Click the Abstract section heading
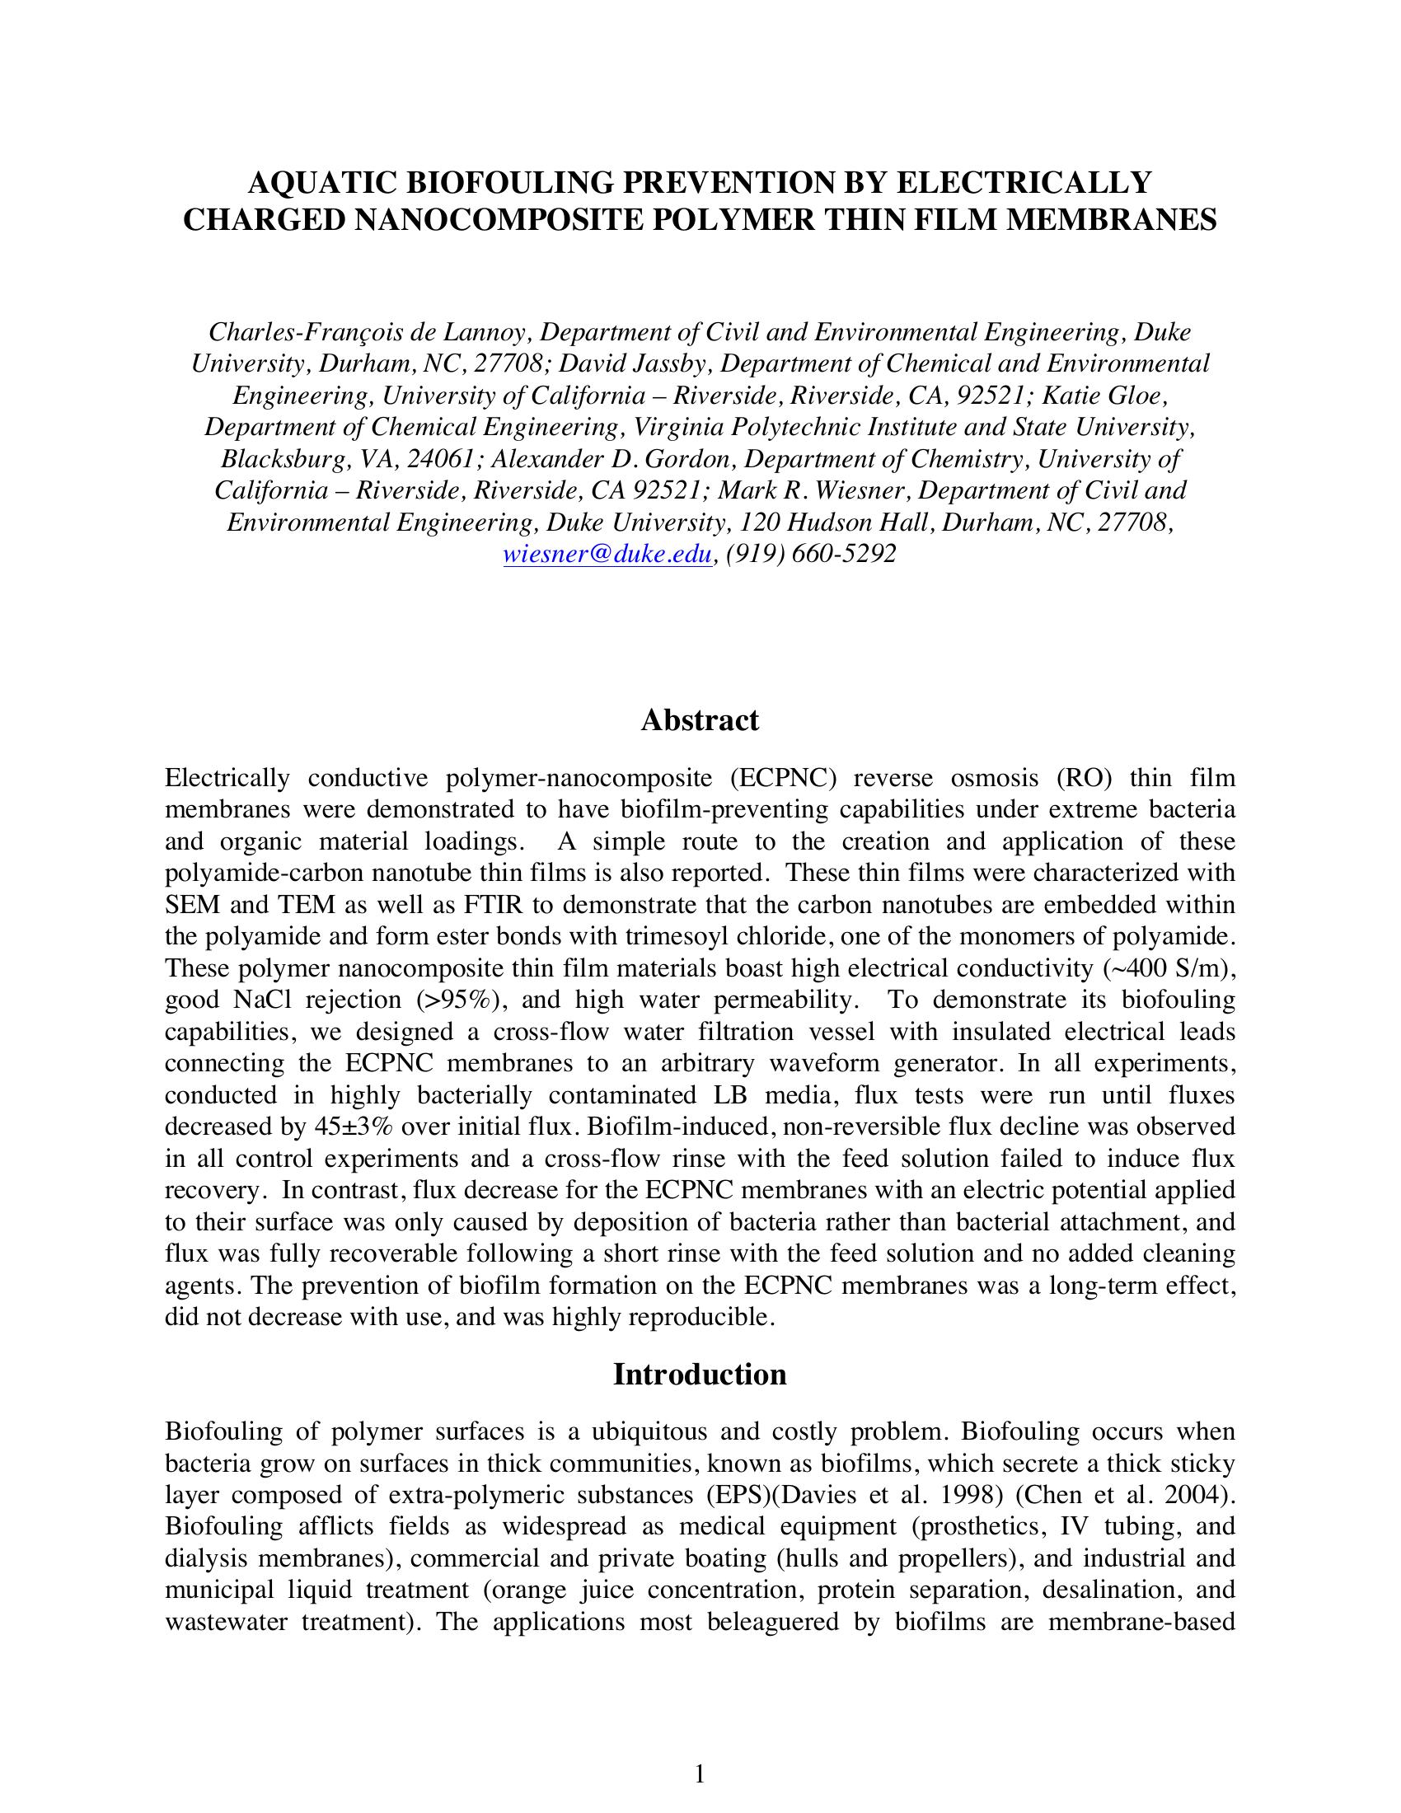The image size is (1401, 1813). coord(699,719)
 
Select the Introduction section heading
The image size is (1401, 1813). coord(699,1374)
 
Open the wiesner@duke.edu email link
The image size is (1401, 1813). coord(607,554)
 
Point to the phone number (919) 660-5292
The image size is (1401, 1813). coord(811,554)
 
